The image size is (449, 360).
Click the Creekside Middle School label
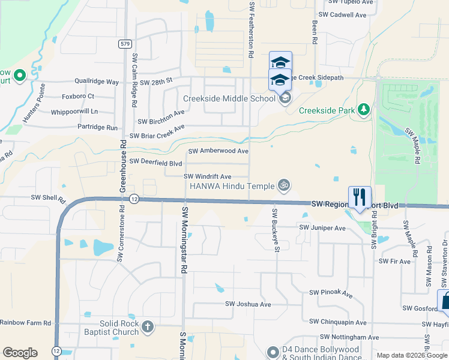pos(229,98)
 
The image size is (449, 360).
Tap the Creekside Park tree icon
pos(363,109)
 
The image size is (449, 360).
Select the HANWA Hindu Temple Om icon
pos(285,185)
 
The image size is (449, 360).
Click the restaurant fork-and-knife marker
pos(360,197)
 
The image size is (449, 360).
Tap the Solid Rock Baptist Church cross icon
pos(147,327)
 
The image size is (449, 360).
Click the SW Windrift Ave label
pos(207,176)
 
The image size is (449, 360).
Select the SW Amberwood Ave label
pos(218,151)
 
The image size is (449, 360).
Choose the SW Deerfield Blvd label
pos(155,162)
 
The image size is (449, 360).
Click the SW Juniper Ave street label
pos(322,228)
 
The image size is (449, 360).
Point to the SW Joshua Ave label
pos(249,304)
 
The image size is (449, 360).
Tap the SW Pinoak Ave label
pos(330,293)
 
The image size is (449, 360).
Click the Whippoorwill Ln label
pos(74,111)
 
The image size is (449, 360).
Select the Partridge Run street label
pos(97,127)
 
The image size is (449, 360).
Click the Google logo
pos(20,353)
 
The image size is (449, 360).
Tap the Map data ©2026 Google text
pos(411,355)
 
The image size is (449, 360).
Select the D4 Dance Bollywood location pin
pos(273,352)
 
